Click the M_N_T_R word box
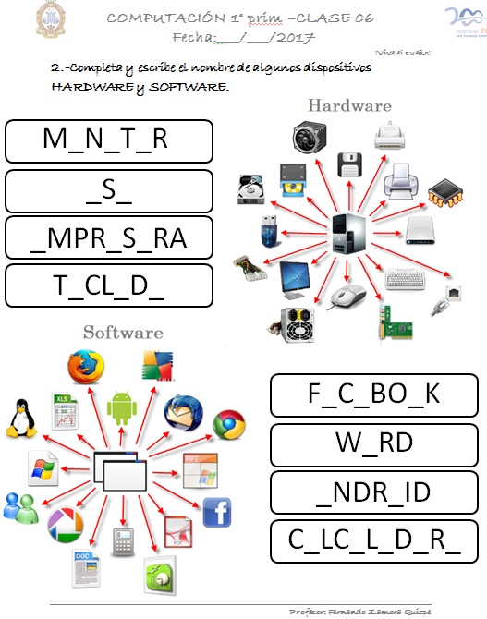[109, 140]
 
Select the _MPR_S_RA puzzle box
[109, 238]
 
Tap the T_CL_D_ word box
[109, 286]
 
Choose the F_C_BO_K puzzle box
[373, 394]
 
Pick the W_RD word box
[373, 443]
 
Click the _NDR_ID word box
[373, 492]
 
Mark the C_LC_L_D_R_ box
[373, 541]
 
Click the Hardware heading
[349, 105]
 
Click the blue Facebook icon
[216, 511]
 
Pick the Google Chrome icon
[228, 424]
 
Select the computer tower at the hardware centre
[349, 230]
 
